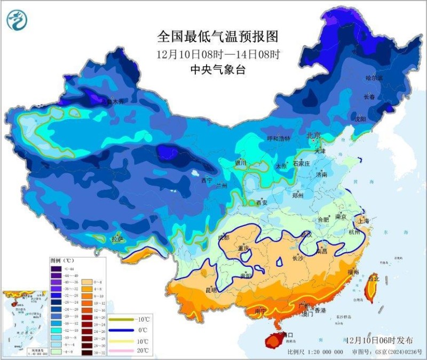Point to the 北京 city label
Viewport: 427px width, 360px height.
pyautogui.click(x=313, y=136)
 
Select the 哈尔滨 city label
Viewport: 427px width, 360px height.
pyautogui.click(x=374, y=78)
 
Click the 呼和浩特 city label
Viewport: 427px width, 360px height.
pyautogui.click(x=278, y=139)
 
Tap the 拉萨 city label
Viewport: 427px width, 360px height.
pyautogui.click(x=117, y=239)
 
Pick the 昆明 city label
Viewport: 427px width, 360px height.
pyautogui.click(x=211, y=291)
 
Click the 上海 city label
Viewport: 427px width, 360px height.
pyautogui.click(x=364, y=220)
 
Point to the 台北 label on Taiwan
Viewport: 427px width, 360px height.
pyautogui.click(x=374, y=278)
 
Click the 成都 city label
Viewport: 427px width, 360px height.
pyautogui.click(x=223, y=237)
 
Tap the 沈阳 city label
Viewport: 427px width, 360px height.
pyautogui.click(x=360, y=119)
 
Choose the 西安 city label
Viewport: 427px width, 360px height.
pyautogui.click(x=262, y=203)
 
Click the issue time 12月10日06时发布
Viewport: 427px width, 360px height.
pyautogui.click(x=379, y=340)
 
